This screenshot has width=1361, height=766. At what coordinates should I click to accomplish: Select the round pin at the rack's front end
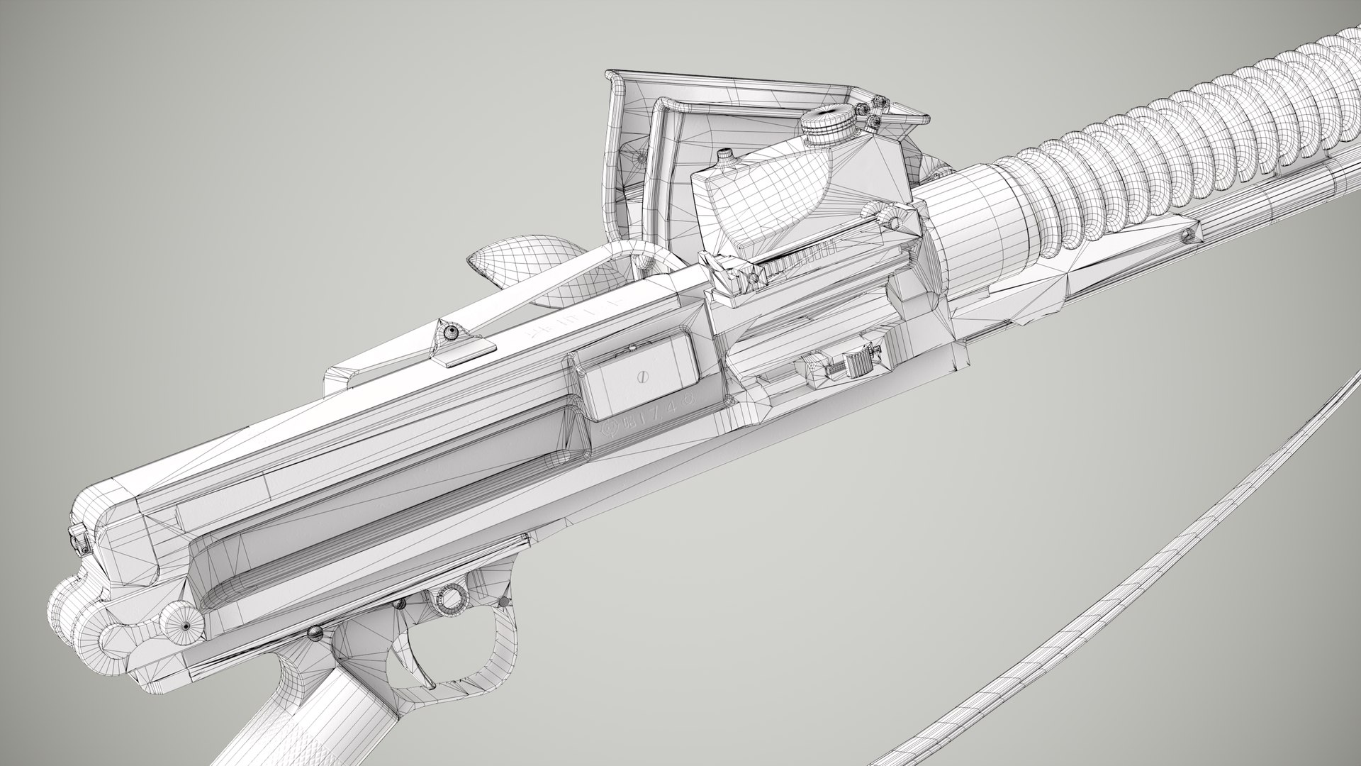point(897,222)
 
